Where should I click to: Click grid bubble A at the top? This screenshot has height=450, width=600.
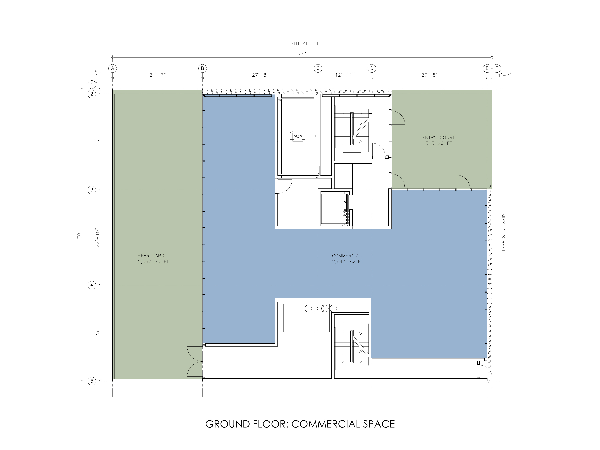pos(113,68)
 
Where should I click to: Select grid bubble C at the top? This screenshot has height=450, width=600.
pos(318,68)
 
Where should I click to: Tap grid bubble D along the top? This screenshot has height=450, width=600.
pos(372,68)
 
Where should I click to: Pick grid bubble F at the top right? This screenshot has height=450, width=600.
pos(496,68)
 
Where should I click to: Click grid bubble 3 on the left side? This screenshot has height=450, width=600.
pos(92,190)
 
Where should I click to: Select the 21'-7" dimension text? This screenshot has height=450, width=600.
pos(158,75)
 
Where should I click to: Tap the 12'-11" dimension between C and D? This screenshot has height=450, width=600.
pos(345,75)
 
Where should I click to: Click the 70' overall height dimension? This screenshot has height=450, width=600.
pos(79,235)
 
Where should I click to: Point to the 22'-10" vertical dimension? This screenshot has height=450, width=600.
pos(98,238)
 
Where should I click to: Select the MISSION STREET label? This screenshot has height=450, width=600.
pos(503,232)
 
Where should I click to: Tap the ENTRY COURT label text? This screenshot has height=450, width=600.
pos(439,138)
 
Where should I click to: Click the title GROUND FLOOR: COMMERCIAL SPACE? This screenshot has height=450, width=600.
pos(300,424)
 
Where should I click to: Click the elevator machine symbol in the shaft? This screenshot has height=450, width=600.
pos(298,136)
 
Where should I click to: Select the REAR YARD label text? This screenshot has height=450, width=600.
pos(151,256)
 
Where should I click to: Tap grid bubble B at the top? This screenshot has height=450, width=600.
pos(202,68)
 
